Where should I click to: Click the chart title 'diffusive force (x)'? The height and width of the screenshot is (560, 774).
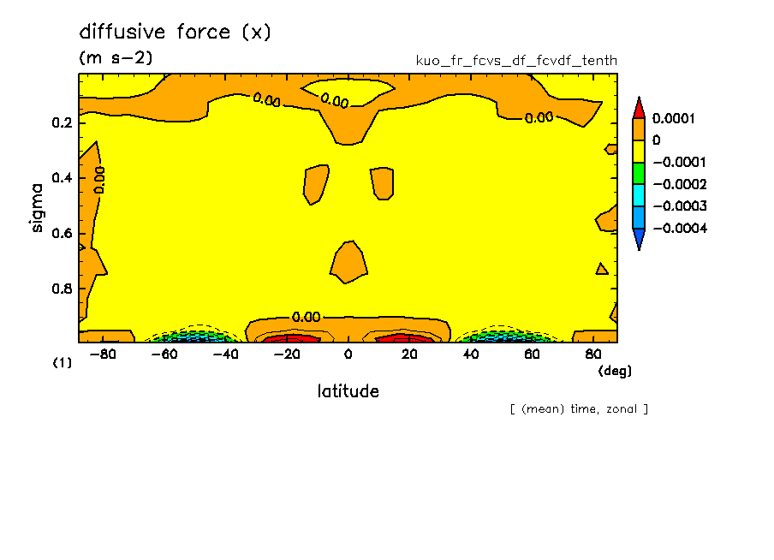point(175,33)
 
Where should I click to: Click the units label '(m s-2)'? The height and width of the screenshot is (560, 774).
point(116,58)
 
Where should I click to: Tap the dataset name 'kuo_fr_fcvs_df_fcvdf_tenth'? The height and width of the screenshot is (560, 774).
point(515,61)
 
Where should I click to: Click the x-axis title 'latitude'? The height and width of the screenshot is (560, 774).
point(348,391)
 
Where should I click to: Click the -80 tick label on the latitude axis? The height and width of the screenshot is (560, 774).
point(103,354)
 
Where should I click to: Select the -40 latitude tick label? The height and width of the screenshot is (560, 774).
point(224,354)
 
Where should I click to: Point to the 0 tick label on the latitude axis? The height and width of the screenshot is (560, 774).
point(348,354)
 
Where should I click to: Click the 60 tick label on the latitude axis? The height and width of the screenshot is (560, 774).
point(530,354)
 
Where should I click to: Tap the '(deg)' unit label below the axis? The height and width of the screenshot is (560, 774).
point(614,371)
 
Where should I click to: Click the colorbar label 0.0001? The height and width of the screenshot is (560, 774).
point(672,117)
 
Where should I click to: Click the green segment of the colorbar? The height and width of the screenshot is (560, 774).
point(638,172)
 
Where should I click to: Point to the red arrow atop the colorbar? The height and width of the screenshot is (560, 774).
point(638,107)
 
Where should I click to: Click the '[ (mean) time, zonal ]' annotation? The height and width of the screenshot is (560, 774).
point(578,408)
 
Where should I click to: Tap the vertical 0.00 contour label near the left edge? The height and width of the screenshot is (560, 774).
point(99,180)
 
